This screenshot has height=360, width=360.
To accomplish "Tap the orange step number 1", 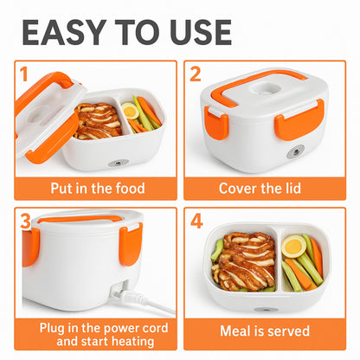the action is (x=24, y=74).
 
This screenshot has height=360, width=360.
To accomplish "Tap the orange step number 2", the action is (x=196, y=74).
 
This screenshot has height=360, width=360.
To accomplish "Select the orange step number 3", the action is (x=25, y=222).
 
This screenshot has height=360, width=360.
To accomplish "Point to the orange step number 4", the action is (x=196, y=222).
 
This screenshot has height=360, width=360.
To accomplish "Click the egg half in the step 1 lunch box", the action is (x=130, y=111).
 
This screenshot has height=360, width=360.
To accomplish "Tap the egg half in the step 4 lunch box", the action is (x=293, y=247).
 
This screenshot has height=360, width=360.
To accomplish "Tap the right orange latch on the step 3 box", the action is (x=131, y=244).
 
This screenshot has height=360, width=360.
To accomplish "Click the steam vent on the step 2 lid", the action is (x=264, y=88).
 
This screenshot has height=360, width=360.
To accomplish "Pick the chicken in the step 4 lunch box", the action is (x=244, y=262).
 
